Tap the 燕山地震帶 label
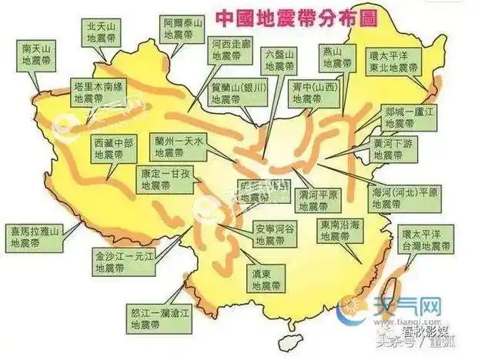[x=332, y=58]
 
